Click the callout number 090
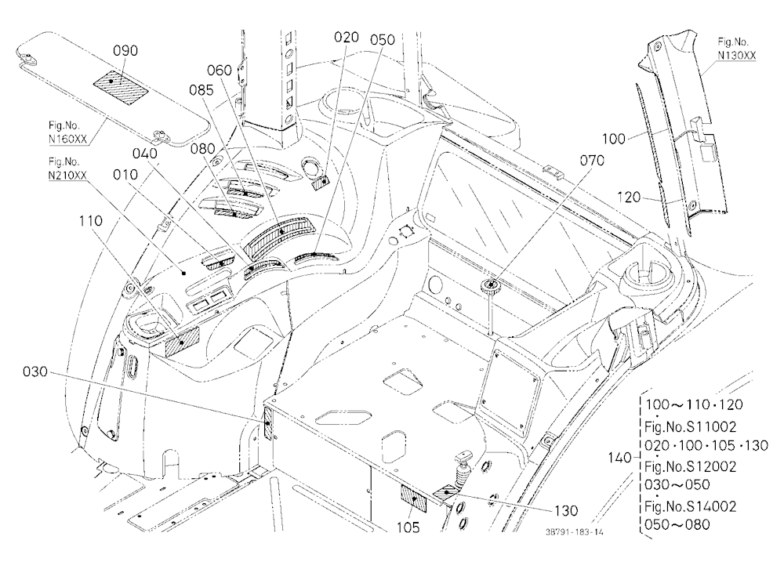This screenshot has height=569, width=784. [125, 50]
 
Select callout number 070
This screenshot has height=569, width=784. [592, 161]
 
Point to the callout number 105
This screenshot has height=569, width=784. [408, 527]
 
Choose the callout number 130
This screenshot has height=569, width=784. [566, 510]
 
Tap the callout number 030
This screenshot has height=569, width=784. [35, 371]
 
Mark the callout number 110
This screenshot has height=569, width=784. [90, 220]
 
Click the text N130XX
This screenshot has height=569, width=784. [736, 55]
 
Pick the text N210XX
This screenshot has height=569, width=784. [67, 175]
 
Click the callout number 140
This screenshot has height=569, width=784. [620, 458]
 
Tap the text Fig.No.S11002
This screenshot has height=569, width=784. [691, 426]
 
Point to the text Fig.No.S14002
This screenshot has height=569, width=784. [691, 506]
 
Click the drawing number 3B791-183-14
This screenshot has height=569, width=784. [574, 532]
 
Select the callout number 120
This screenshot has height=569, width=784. [629, 197]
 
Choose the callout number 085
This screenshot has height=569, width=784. [201, 90]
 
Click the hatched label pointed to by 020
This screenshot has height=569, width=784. [320, 183]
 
